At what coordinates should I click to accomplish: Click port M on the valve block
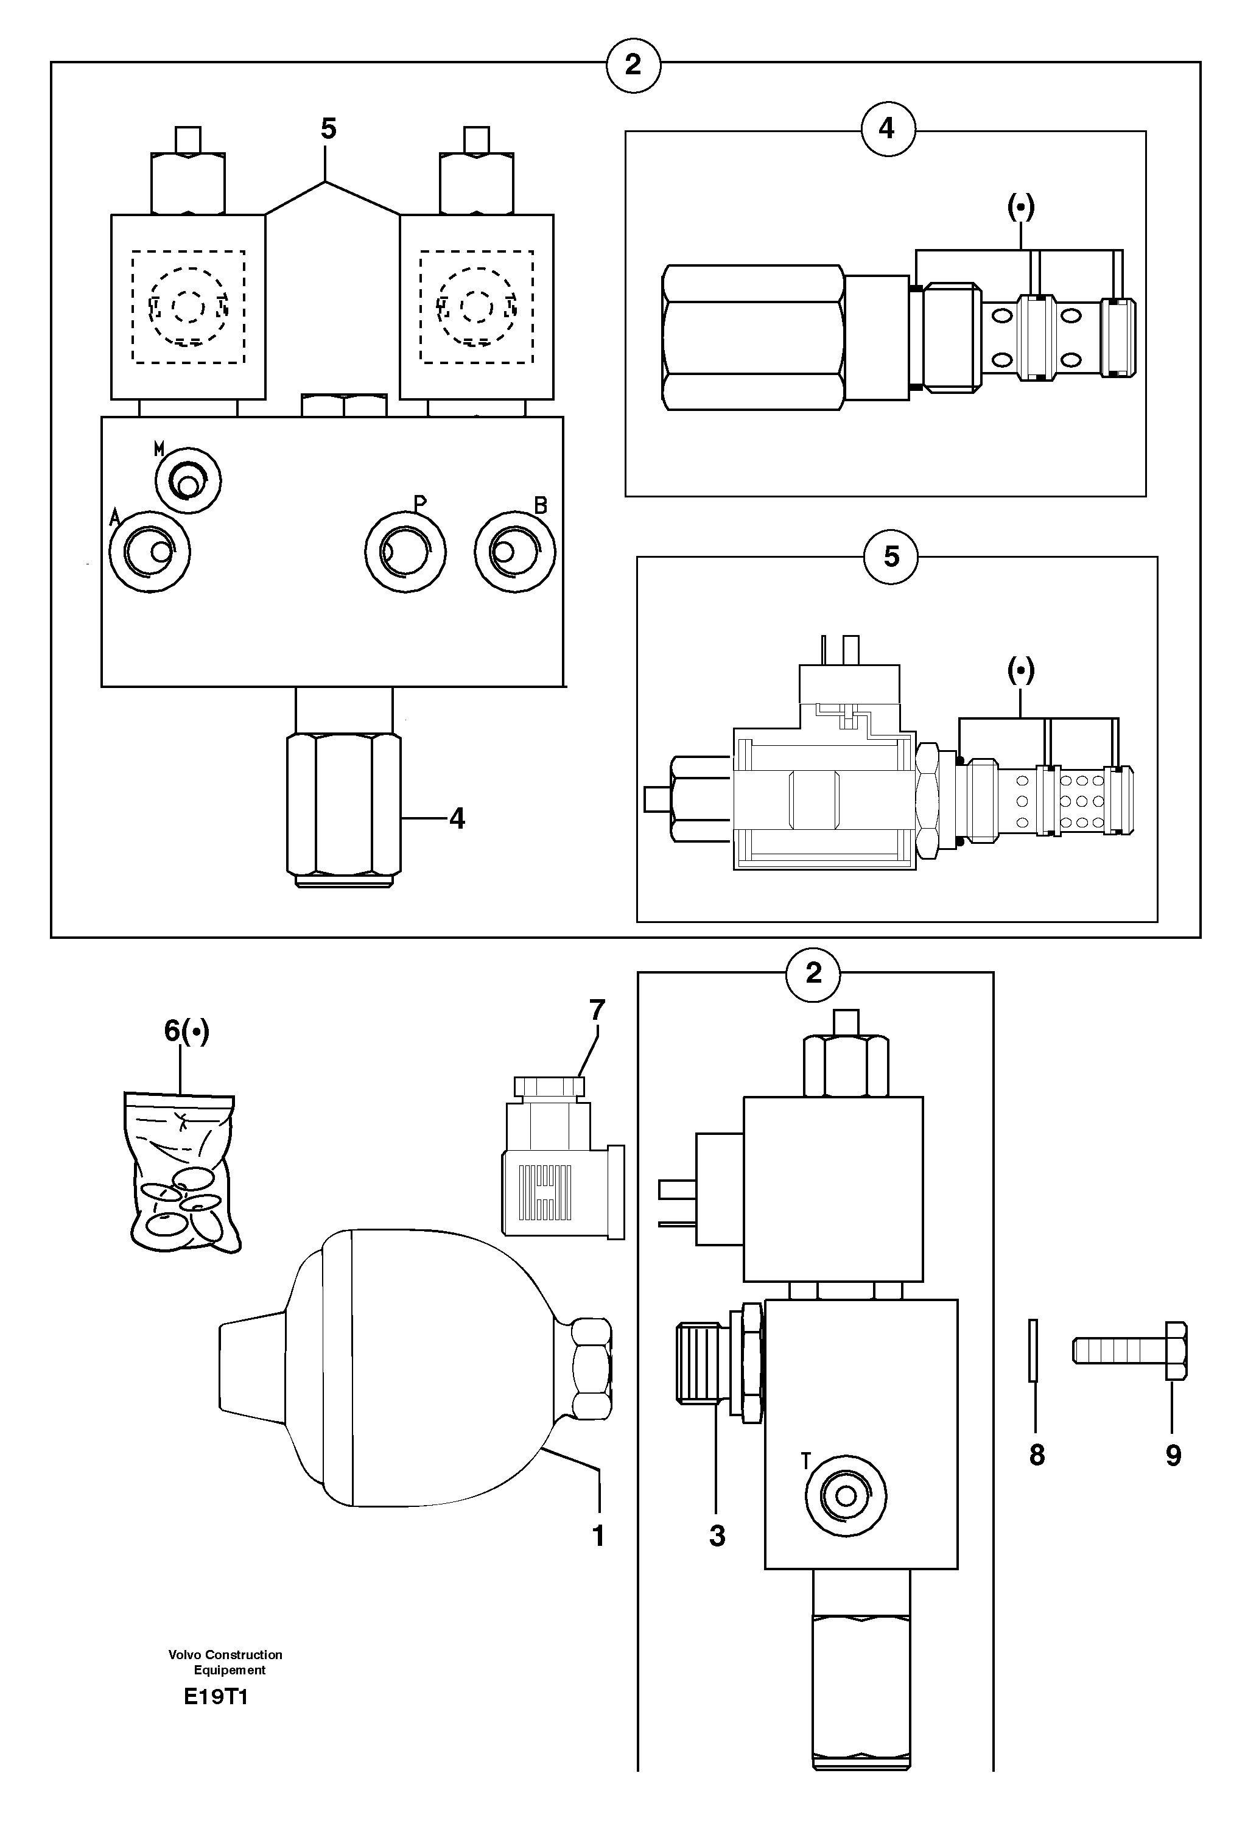(x=188, y=480)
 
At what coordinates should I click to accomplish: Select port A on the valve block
(x=150, y=551)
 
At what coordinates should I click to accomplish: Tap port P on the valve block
(x=405, y=551)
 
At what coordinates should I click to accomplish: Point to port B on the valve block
(x=514, y=551)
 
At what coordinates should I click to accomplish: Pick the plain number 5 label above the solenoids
(x=328, y=128)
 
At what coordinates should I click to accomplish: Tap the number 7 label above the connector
(x=597, y=1009)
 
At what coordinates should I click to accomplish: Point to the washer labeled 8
(x=1033, y=1350)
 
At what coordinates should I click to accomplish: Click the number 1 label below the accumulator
(x=598, y=1536)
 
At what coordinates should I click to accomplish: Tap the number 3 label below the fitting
(x=717, y=1536)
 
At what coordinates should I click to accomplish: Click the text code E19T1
(x=216, y=1697)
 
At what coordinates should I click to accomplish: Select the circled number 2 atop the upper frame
(x=633, y=65)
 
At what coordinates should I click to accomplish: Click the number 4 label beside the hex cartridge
(x=457, y=819)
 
